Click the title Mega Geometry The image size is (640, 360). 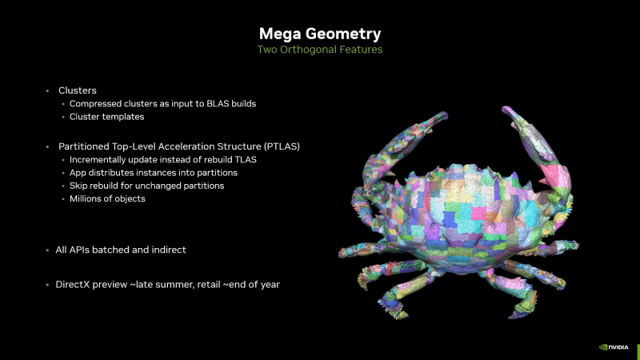pos(320,34)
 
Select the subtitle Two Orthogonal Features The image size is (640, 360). pos(320,50)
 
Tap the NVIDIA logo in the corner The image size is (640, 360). pos(615,347)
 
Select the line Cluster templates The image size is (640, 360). pos(106,118)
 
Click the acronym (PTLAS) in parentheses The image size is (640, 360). pos(283,146)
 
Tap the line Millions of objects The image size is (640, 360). pos(107,198)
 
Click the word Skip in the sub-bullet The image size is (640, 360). pos(79,186)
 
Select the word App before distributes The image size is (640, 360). pos(79,173)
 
